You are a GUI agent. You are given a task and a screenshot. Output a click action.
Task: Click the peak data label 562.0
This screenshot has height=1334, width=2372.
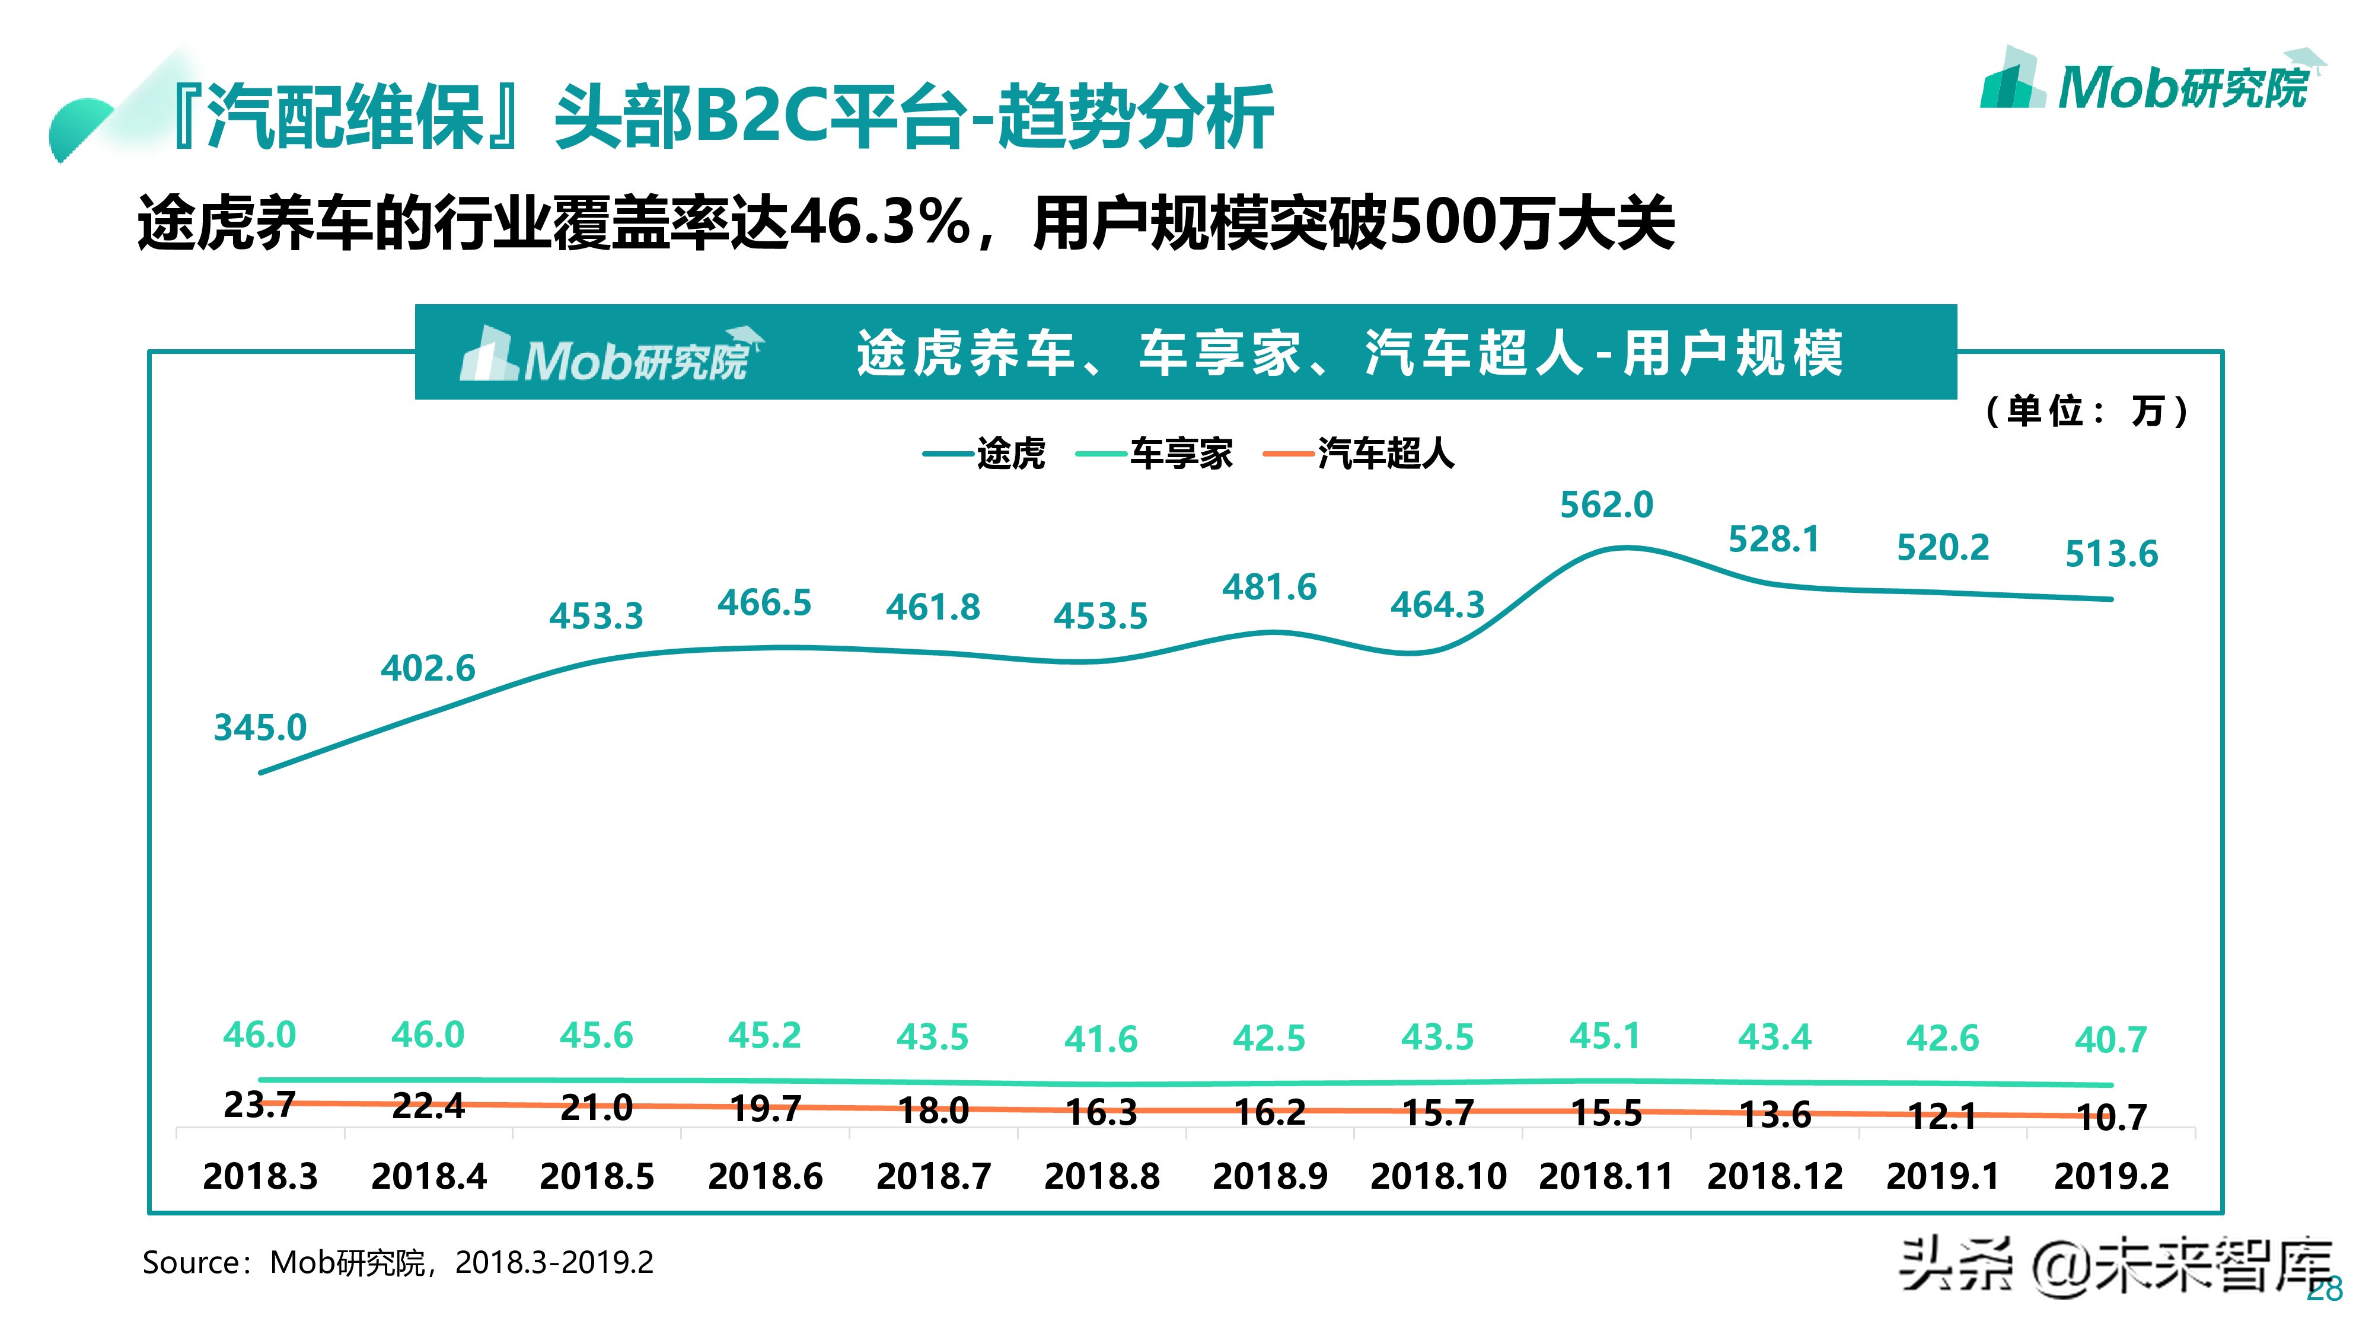tap(1606, 505)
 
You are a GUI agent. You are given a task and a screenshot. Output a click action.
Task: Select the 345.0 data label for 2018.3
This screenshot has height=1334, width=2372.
tap(260, 727)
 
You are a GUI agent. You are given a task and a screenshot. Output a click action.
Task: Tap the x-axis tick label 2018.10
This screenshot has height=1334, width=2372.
tap(1437, 1176)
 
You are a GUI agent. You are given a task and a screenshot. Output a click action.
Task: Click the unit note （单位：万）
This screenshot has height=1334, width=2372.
tap(2085, 411)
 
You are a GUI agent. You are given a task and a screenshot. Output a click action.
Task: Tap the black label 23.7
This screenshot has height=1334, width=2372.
tap(260, 1104)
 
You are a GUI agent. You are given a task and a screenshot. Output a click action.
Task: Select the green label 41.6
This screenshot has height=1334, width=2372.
tap(1101, 1039)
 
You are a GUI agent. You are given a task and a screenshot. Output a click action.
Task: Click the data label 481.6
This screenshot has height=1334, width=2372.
tap(1269, 588)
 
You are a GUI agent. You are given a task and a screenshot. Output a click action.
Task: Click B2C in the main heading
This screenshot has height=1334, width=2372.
tap(760, 117)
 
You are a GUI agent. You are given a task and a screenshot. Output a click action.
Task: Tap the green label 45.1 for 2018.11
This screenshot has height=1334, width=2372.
tap(1605, 1036)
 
